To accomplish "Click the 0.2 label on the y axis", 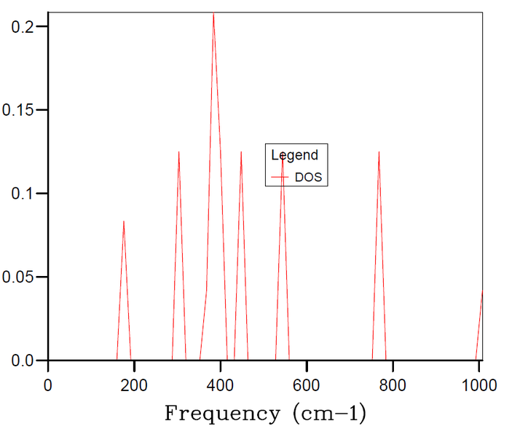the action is pos(23,26).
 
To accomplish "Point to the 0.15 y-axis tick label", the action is pos(18,110).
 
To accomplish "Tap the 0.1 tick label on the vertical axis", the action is pos(23,193).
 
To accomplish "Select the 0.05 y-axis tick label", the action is pos(18,277).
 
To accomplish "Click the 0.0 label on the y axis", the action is pos(23,361).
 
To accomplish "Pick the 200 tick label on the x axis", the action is pos(134,385).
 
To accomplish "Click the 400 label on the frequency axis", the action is pos(220,385).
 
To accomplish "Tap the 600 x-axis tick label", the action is pos(307,385).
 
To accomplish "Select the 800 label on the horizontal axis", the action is pos(393,385).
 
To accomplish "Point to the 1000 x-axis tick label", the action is pos(479,385).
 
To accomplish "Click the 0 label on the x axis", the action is pos(48,385).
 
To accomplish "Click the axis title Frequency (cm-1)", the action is pos(265,414).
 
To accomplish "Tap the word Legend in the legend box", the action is pos(294,155).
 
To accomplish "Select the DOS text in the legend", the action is pos(308,177).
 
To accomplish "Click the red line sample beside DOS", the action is pos(280,177).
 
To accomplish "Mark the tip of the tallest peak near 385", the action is pos(213,12).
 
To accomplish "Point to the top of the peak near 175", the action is pos(124,221).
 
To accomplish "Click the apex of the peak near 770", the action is pos(379,151).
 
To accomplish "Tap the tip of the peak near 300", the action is pos(179,151).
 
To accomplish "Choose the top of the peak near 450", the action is pos(241,151).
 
